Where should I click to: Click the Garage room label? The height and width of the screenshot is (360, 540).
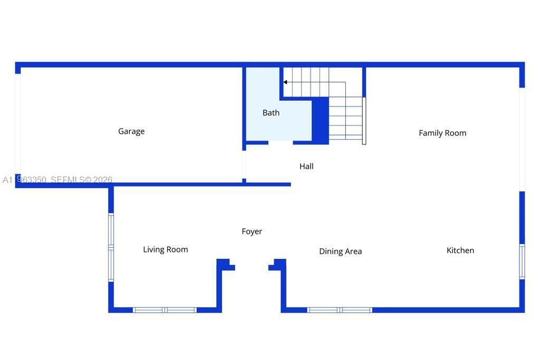coord(131,131)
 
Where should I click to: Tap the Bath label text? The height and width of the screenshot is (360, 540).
coord(271,113)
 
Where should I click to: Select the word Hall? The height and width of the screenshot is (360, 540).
coord(306,167)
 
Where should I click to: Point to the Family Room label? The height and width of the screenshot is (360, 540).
coord(442,133)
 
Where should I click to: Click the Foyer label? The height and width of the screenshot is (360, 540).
coord(252,231)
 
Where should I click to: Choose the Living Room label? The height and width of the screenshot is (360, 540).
coord(166,250)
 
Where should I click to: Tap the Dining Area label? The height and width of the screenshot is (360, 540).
coord(340,251)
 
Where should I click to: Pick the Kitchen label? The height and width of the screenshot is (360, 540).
coord(460,250)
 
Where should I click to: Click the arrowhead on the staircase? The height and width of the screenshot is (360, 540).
coord(285,82)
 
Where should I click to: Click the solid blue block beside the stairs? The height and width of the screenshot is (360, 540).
coord(321,120)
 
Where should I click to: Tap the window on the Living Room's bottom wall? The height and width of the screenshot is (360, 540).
coord(165,310)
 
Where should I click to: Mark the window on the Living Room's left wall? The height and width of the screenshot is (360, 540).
coord(111,247)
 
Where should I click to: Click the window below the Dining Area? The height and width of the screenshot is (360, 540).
coord(340,310)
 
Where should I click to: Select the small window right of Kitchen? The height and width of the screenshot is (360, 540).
coord(522,261)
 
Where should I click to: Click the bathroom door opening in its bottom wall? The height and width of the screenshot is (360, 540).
coord(281,142)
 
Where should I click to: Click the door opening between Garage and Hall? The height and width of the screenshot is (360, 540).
coord(244,164)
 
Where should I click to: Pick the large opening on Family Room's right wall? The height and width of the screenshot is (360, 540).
coord(522,139)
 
